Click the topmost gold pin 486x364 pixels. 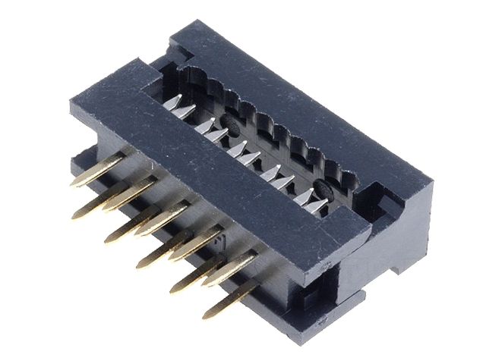pos(97,173)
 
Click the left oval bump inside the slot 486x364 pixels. pos(229,121)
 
